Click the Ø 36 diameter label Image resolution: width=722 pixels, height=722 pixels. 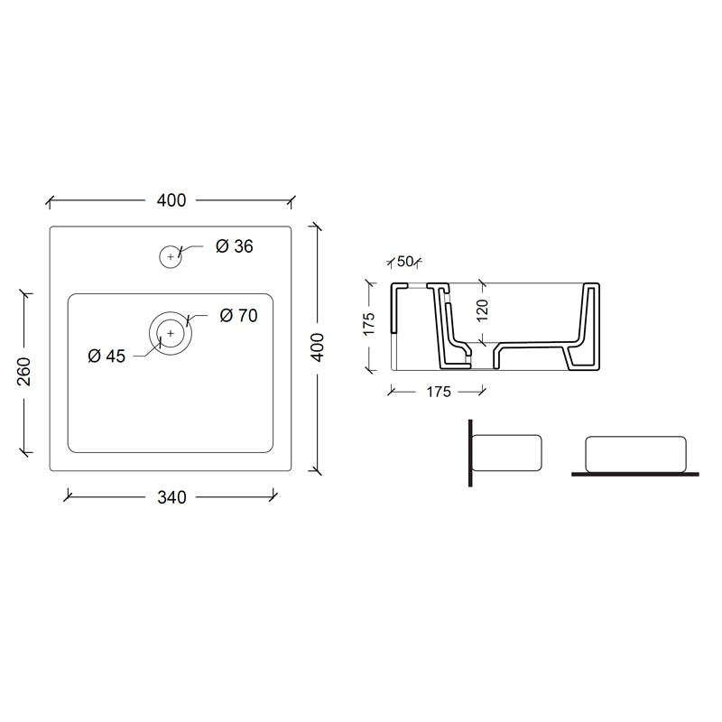click(235, 246)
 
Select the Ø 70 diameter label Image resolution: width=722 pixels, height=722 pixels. click(238, 315)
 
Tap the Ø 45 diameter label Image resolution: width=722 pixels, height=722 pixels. click(106, 356)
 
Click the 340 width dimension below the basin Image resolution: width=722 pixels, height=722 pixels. click(171, 497)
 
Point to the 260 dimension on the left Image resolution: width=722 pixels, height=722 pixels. click(23, 371)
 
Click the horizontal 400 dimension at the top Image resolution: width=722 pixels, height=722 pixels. click(171, 200)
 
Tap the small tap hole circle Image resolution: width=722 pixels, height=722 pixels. click(171, 256)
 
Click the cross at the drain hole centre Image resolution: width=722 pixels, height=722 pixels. click(171, 333)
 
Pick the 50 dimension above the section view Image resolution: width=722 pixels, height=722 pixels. click(404, 262)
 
